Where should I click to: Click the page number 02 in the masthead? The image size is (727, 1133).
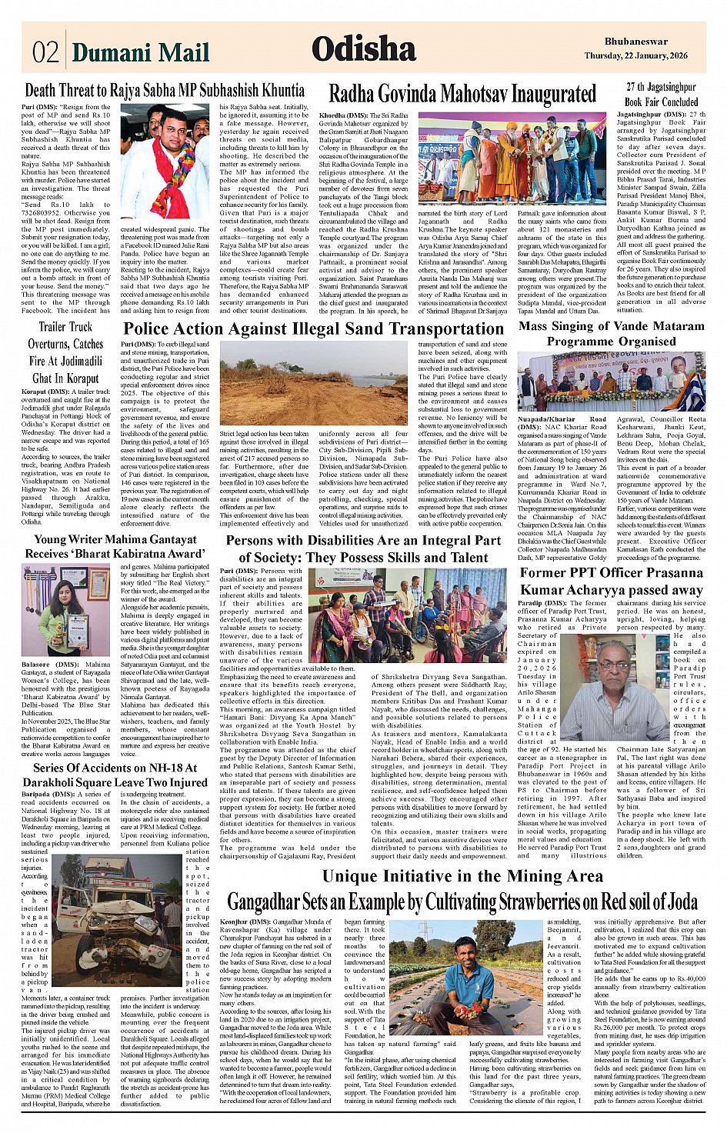[45, 52]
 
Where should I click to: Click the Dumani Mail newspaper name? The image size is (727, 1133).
[141, 52]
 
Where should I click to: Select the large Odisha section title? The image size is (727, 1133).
[363, 49]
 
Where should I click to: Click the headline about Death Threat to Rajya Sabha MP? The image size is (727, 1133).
[165, 91]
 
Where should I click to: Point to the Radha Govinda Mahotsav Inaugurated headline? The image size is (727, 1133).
[462, 94]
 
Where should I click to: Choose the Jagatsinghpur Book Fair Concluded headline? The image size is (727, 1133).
[661, 95]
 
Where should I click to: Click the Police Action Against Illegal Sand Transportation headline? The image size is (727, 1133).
[314, 329]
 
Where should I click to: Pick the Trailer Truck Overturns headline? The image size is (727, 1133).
[65, 352]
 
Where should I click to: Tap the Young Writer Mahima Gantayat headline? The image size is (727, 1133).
[115, 546]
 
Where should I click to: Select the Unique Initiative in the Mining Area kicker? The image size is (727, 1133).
[463, 876]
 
